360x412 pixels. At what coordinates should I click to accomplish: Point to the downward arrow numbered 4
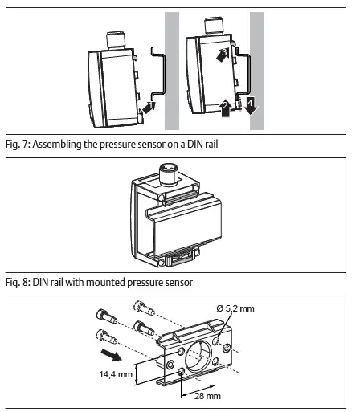(x=252, y=105)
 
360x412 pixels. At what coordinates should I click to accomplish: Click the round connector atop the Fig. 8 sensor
(x=168, y=173)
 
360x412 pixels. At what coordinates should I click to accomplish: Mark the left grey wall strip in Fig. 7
(x=172, y=71)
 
